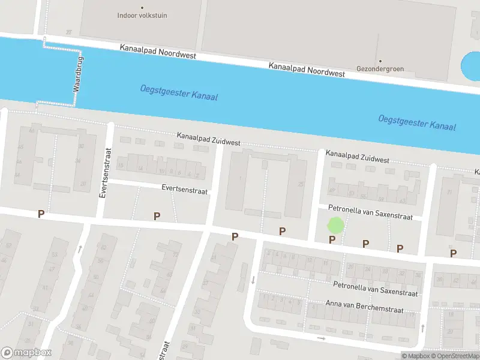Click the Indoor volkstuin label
coord(142,16)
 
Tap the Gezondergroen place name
coord(379,68)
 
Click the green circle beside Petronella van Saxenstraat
coord(335,226)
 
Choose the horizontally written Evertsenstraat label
coord(184,189)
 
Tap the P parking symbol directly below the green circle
coord(332,240)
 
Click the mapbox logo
coord(26,353)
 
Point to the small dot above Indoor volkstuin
coord(142,8)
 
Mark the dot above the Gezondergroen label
coord(379,61)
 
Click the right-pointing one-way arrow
coord(321,338)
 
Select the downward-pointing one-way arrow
coord(253,280)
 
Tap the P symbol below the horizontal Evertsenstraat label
coord(157,216)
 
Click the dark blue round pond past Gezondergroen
coord(471,67)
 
